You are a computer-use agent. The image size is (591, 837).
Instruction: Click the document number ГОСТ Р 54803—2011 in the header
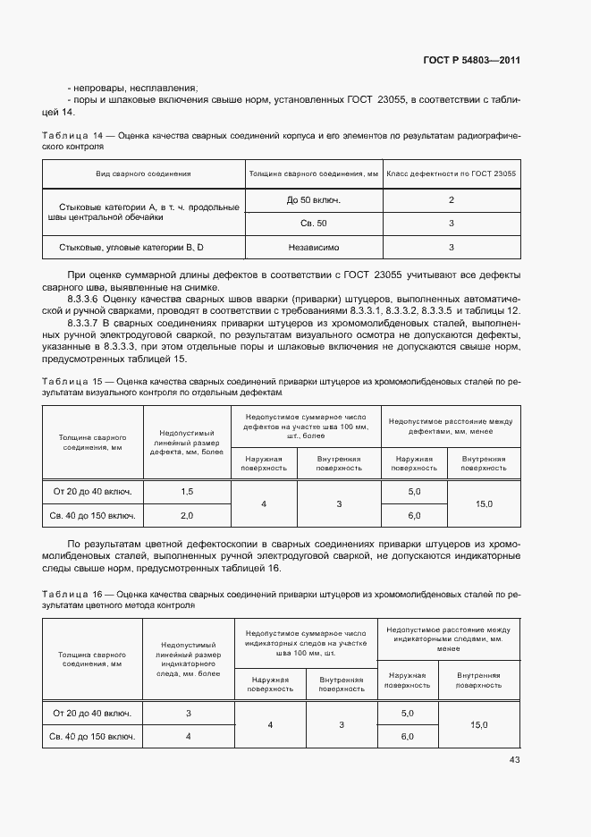point(472,60)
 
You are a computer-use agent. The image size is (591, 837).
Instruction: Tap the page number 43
point(514,760)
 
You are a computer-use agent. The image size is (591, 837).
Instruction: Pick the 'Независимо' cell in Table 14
point(313,247)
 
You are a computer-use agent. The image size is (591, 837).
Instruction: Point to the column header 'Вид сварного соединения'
point(143,173)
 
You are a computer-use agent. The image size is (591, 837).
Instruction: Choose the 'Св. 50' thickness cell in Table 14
point(313,223)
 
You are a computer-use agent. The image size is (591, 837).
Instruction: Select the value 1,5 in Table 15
point(187,492)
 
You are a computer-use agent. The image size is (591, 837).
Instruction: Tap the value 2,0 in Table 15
point(187,516)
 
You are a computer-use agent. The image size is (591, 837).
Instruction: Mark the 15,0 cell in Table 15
point(484,504)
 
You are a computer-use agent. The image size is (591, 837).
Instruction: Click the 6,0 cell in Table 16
point(408,736)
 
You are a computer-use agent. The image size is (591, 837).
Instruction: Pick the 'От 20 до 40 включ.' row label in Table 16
point(92,713)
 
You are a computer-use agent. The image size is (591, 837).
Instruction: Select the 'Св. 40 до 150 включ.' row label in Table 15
point(94,516)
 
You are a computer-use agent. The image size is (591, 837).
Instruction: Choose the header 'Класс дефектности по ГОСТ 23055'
point(452,173)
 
